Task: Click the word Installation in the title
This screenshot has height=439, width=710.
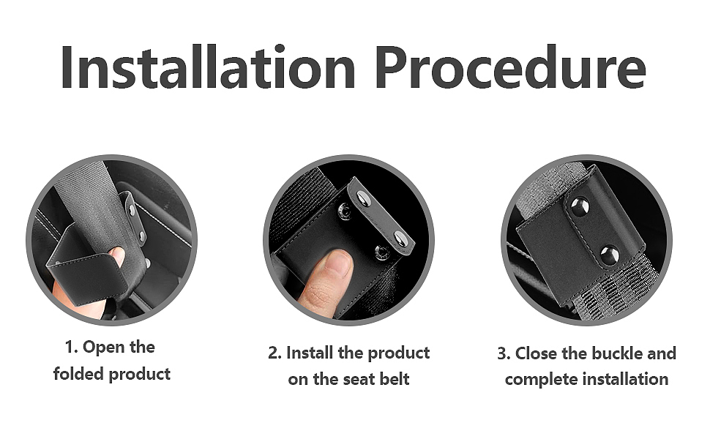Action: [208, 67]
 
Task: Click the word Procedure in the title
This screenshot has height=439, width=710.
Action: [511, 67]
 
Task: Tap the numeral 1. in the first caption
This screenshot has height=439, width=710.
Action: [72, 347]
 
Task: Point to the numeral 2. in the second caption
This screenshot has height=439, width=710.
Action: [275, 353]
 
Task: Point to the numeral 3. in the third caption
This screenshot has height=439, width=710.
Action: [504, 353]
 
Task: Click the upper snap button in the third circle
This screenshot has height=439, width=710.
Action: [580, 207]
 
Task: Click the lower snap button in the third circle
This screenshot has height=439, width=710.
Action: [610, 255]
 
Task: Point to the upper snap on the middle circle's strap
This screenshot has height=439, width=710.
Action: [363, 198]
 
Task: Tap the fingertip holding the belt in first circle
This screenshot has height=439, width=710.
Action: [118, 256]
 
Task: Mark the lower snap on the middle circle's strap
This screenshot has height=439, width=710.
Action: [400, 239]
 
